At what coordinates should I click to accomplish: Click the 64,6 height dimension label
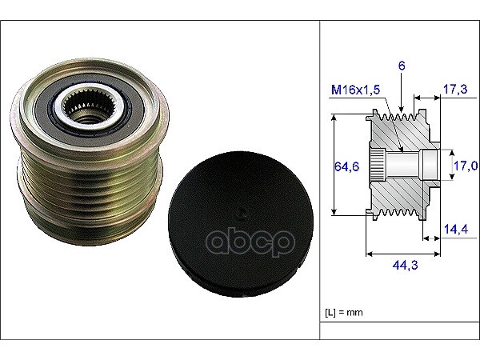tap(346, 166)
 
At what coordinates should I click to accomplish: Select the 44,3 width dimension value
tap(405, 265)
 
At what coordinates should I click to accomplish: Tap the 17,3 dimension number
tap(455, 89)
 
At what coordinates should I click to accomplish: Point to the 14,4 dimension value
tap(456, 229)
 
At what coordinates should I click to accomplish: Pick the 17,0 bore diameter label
tap(466, 166)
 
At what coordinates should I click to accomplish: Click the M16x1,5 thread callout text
tap(356, 90)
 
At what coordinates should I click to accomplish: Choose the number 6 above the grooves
tap(402, 66)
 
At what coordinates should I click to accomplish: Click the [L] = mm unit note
tap(344, 313)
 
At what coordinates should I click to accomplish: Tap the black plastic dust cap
tap(241, 224)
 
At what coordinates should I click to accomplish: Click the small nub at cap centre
tap(242, 214)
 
